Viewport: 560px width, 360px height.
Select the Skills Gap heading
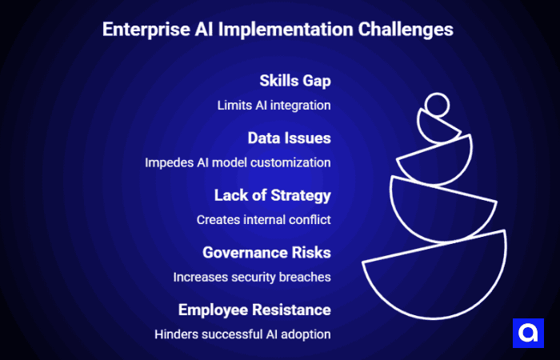click(x=294, y=81)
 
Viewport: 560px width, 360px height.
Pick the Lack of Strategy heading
click(x=272, y=195)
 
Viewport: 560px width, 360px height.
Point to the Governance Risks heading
click(x=266, y=253)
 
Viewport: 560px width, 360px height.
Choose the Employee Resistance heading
click(x=254, y=310)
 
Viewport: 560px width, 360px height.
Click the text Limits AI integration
click(x=274, y=105)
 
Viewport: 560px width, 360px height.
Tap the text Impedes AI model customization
click(x=238, y=162)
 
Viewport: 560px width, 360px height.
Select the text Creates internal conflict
click(x=263, y=219)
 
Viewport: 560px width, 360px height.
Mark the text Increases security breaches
click(x=252, y=277)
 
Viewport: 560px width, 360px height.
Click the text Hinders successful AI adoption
click(x=242, y=334)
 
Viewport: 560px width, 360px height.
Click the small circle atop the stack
click(x=437, y=105)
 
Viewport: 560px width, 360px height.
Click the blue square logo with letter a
click(x=527, y=333)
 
